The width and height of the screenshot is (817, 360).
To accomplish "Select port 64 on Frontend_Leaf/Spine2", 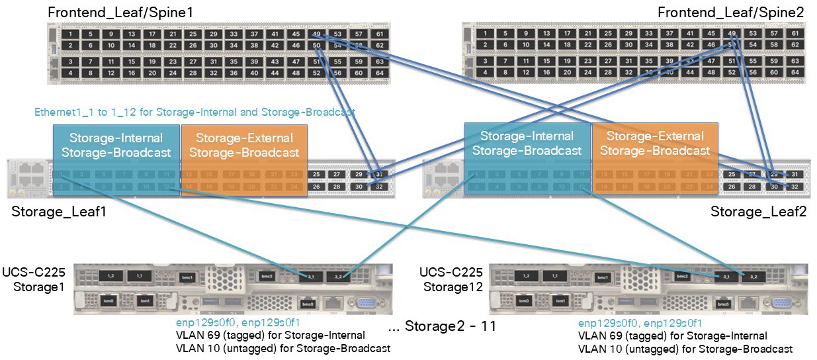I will pyautogui.click(x=795, y=73).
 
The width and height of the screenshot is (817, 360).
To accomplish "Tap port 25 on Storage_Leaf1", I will pyautogui.click(x=317, y=174).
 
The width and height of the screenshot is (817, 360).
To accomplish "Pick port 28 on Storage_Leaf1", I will pyautogui.click(x=337, y=187).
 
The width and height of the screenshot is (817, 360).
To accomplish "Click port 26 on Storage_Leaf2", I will pyautogui.click(x=731, y=187).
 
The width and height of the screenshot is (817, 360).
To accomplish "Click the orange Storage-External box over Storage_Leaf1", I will pyautogui.click(x=244, y=145).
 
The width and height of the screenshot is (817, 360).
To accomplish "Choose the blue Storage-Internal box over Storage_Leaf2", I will pyautogui.click(x=527, y=143).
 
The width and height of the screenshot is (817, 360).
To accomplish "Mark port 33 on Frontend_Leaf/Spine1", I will pyautogui.click(x=233, y=34).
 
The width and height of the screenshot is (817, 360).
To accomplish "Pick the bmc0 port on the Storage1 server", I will pyautogui.click(x=307, y=304).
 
